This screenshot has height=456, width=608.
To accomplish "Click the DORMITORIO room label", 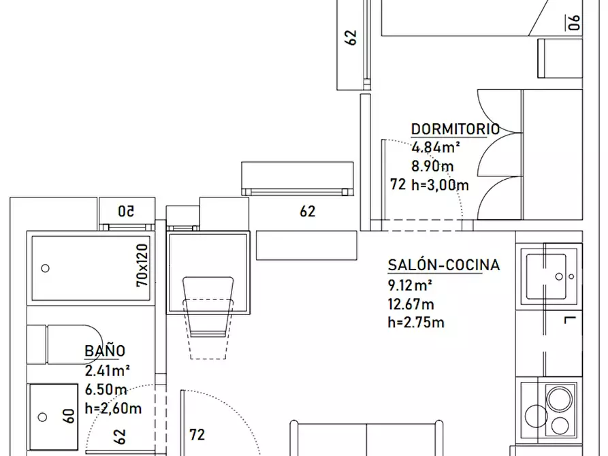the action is pyautogui.click(x=455, y=129).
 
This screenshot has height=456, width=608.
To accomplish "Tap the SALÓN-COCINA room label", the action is pyautogui.click(x=444, y=265).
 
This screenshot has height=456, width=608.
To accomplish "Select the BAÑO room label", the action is pyautogui.click(x=105, y=351).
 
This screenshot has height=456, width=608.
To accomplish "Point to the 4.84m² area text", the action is pyautogui.click(x=436, y=148).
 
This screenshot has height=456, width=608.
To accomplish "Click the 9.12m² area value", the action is pyautogui.click(x=410, y=285).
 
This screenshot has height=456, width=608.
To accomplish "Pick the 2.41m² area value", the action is pyautogui.click(x=107, y=371).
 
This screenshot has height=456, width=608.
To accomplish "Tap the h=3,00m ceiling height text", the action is pyautogui.click(x=440, y=185).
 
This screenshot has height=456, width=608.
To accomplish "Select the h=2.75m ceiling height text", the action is pyautogui.click(x=416, y=322).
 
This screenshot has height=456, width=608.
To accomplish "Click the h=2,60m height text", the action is pyautogui.click(x=113, y=408).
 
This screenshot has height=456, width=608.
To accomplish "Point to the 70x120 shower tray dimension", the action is pyautogui.click(x=142, y=265).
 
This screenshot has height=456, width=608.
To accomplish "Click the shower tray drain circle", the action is pyautogui.click(x=45, y=268).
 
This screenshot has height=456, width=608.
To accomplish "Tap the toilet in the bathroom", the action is pyautogui.click(x=65, y=344).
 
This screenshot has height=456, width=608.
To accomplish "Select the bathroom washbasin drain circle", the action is pyautogui.click(x=42, y=417).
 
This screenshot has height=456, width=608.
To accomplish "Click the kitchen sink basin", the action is pyautogui.click(x=546, y=276).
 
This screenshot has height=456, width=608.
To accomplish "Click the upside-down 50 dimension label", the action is pyautogui.click(x=127, y=212).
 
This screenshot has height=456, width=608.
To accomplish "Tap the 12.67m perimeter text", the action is pyautogui.click(x=411, y=304).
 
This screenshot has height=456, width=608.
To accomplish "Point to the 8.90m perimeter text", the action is pyautogui.click(x=432, y=166).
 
